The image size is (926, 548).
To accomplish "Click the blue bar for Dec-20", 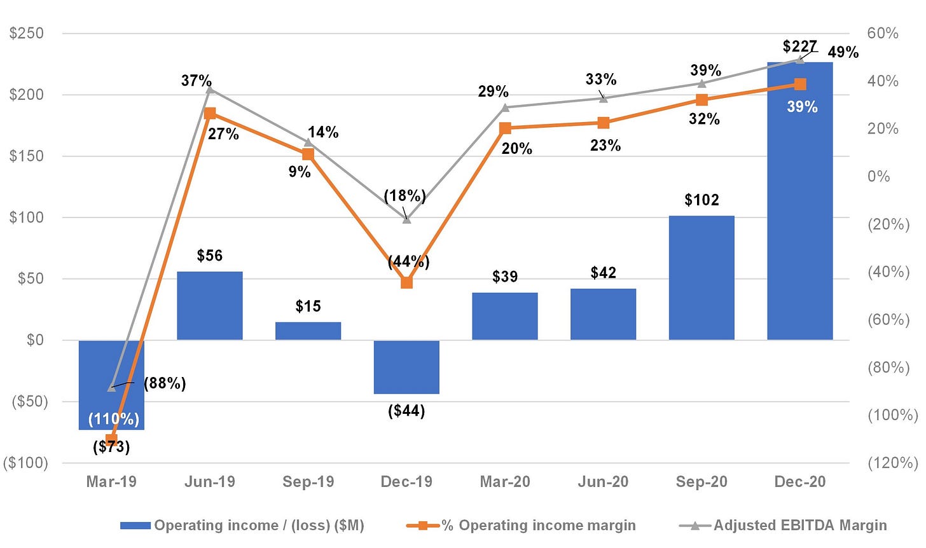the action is click(x=800, y=201).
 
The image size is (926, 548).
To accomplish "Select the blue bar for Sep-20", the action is click(x=701, y=278).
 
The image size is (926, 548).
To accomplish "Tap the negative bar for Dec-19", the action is click(x=406, y=367).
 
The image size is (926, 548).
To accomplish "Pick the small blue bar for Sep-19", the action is click(x=308, y=331).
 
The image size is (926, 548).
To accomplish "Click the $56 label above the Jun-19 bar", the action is click(x=210, y=256).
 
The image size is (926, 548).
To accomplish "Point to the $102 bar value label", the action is click(x=701, y=200).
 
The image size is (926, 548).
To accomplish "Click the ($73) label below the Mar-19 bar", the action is click(x=111, y=447).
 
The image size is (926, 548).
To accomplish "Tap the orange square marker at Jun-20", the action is click(x=603, y=123).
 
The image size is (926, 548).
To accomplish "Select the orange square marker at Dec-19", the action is click(x=406, y=283).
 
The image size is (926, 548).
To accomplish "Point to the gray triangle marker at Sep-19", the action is click(x=308, y=143).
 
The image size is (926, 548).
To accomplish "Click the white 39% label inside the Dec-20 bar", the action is click(x=802, y=107).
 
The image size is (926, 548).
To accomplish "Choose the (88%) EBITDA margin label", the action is click(x=165, y=383).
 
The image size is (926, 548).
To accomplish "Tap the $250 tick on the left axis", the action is click(x=27, y=34).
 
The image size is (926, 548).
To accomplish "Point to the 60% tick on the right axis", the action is click(x=883, y=34).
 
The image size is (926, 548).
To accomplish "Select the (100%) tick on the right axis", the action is click(x=893, y=415).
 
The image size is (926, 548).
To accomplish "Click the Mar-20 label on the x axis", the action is click(x=505, y=482).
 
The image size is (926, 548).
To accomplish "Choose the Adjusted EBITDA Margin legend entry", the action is click(x=783, y=525).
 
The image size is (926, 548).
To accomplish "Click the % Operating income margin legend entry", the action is click(x=521, y=525).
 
